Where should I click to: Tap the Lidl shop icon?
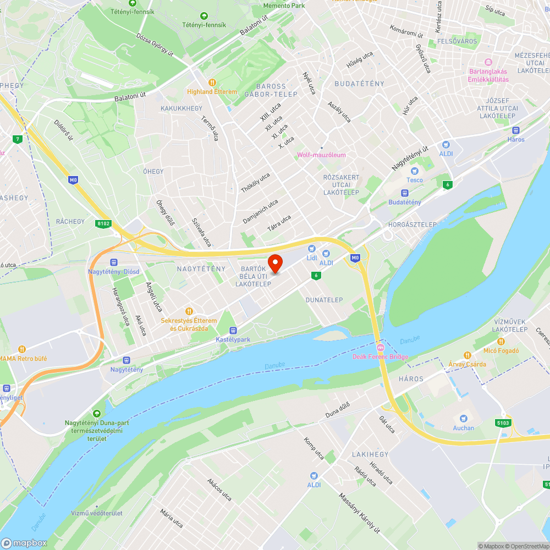point(312,249)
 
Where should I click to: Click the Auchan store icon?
point(463,419)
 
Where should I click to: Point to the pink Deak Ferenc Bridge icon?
point(380,348)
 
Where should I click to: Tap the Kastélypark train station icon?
point(233,331)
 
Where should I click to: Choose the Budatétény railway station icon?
point(405,193)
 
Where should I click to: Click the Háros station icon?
point(516,130)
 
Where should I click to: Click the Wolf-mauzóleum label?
point(322,155)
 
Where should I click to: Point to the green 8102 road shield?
point(103,223)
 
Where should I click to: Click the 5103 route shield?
point(503,422)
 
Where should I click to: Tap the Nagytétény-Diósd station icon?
point(114,262)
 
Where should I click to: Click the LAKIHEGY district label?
point(370,454)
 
